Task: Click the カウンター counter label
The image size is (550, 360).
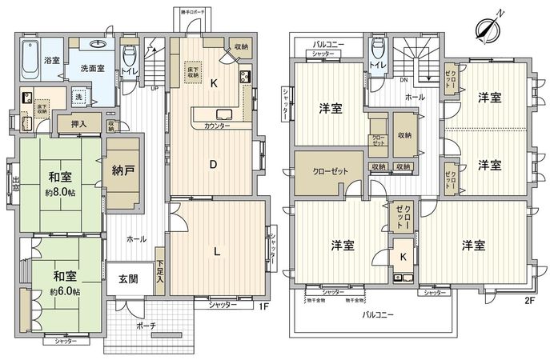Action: tap(217, 126)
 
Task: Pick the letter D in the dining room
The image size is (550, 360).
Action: tap(214, 166)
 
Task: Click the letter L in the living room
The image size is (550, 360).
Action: tap(217, 250)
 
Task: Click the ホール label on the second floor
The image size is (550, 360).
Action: tap(416, 96)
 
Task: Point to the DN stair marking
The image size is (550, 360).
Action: tap(404, 80)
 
